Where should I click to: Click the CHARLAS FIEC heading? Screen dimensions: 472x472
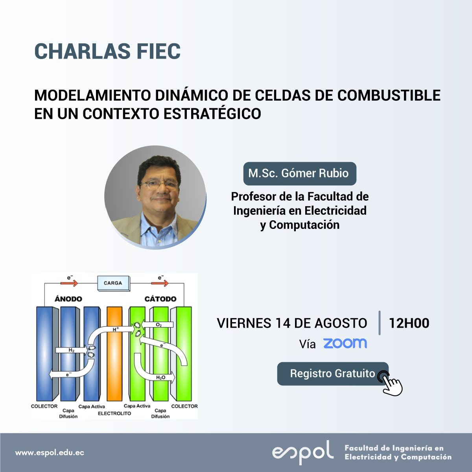(x=107, y=51)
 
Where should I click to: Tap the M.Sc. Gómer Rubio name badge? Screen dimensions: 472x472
(x=300, y=173)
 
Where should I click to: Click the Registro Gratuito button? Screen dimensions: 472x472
(x=333, y=374)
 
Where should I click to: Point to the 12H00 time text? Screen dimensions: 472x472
(x=409, y=323)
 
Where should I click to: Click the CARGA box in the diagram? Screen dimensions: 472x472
(x=113, y=283)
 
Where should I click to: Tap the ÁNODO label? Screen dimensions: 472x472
(x=68, y=299)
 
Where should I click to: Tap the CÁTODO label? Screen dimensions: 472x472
(x=160, y=299)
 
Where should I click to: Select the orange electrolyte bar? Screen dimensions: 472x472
(x=114, y=354)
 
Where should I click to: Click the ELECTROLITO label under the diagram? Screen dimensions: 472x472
(x=114, y=413)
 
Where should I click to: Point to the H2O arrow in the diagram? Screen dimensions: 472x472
(x=154, y=370)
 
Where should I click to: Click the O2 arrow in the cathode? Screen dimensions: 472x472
(x=158, y=325)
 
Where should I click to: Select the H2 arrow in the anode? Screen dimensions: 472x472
(x=72, y=350)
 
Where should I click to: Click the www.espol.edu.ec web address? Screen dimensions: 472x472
(x=50, y=453)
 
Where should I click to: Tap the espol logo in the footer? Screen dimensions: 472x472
(x=303, y=453)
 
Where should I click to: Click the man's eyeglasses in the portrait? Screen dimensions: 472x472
(x=159, y=186)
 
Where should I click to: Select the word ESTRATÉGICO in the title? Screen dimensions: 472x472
(x=212, y=114)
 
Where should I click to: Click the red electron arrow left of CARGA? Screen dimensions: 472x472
(x=69, y=283)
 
